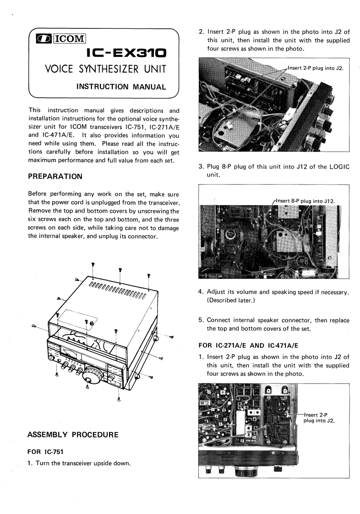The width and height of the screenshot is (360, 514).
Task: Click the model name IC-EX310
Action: [126, 55]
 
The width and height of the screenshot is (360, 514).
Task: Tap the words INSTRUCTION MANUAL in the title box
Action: [120, 86]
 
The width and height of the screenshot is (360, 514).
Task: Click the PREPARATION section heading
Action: [55, 176]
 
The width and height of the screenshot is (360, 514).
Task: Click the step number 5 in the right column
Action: [201, 320]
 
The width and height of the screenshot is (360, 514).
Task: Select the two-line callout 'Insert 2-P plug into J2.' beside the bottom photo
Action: [319, 418]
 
